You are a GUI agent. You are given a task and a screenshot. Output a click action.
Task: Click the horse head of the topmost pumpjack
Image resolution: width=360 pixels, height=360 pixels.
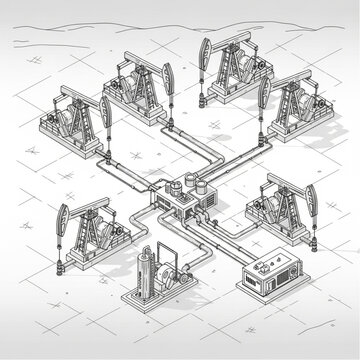click(206, 51)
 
